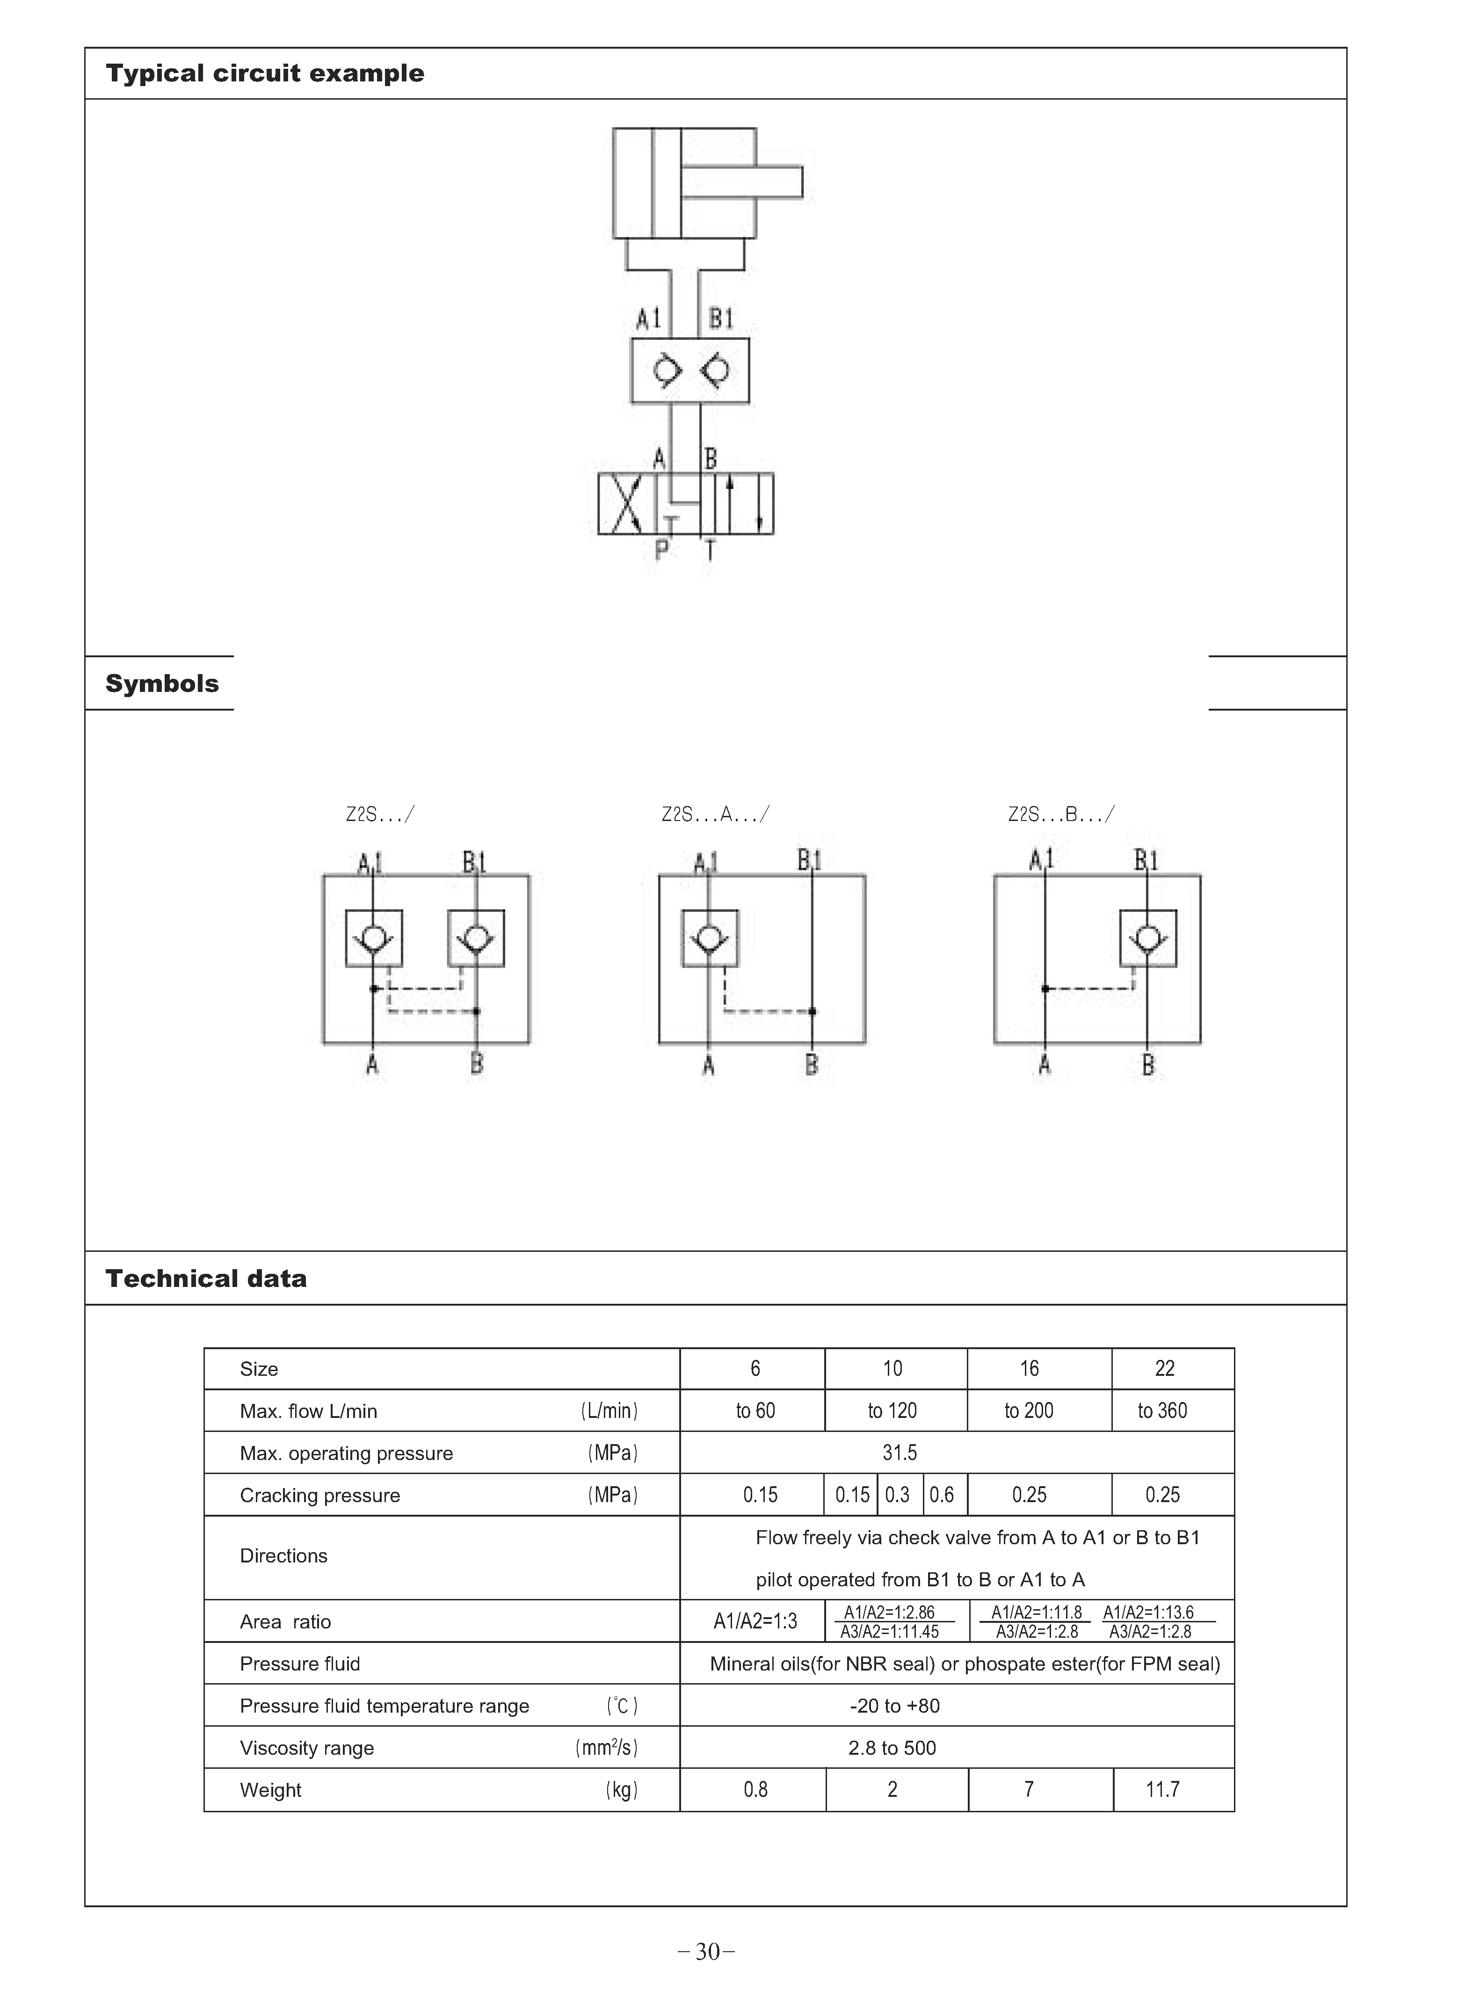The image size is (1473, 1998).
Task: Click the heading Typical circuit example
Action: coord(265,73)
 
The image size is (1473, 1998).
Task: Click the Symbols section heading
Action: coord(162,684)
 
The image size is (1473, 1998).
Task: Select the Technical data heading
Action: coord(206,1279)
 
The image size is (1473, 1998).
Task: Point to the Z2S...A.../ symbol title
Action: coord(715,814)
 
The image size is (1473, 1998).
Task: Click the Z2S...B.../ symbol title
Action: coord(1061,814)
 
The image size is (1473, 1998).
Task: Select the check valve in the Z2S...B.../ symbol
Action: coord(1148,938)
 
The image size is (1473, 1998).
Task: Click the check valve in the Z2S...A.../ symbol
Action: coord(710,938)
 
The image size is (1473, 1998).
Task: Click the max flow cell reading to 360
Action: coord(1163,1410)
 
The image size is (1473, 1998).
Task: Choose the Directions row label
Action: coord(283,1556)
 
